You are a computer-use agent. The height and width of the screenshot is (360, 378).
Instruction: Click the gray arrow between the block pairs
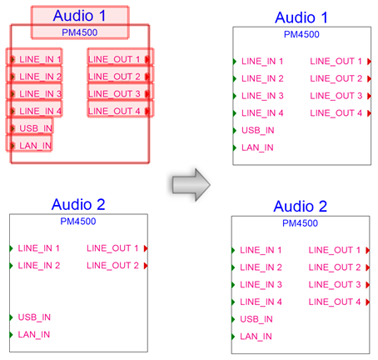pos(191,184)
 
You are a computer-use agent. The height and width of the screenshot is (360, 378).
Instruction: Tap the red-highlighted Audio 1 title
pos(79,16)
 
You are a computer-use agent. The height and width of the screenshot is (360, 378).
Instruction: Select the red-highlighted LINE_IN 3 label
pos(40,94)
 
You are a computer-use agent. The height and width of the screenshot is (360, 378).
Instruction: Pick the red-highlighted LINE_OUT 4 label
pos(114,111)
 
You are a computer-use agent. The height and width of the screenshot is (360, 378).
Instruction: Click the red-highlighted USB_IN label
pos(36,128)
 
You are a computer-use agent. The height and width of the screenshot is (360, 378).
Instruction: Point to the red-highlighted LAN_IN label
pos(35,146)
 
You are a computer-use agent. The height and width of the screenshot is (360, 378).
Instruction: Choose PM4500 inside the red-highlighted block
pos(79,32)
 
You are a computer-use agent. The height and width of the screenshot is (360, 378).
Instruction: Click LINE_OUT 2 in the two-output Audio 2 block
pos(112,266)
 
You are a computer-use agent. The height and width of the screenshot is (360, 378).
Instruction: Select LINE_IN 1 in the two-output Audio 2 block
pos(39,248)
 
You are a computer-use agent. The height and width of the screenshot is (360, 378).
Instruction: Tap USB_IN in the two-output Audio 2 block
pos(34,317)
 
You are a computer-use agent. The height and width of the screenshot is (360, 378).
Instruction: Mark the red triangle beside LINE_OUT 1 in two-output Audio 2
pos(146,248)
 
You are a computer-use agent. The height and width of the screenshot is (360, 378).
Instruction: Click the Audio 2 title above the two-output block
pos(78,204)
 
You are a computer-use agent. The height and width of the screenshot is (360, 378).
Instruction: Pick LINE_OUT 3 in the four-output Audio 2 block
pos(335,285)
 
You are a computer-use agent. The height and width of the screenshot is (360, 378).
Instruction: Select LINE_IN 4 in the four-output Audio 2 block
pos(261,302)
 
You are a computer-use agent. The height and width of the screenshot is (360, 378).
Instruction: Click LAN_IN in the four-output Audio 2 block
pos(256,337)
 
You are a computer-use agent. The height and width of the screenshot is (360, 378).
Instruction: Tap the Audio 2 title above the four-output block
pos(301,207)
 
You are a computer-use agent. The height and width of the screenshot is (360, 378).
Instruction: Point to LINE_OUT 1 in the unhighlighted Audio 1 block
pos(336,61)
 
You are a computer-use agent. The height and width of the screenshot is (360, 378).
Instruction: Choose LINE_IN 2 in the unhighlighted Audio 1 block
pos(262,78)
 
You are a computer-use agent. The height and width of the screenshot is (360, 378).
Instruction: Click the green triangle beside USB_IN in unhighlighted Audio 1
pos(235,130)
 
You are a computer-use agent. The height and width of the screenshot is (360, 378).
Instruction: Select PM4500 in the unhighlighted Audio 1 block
pos(301,34)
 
